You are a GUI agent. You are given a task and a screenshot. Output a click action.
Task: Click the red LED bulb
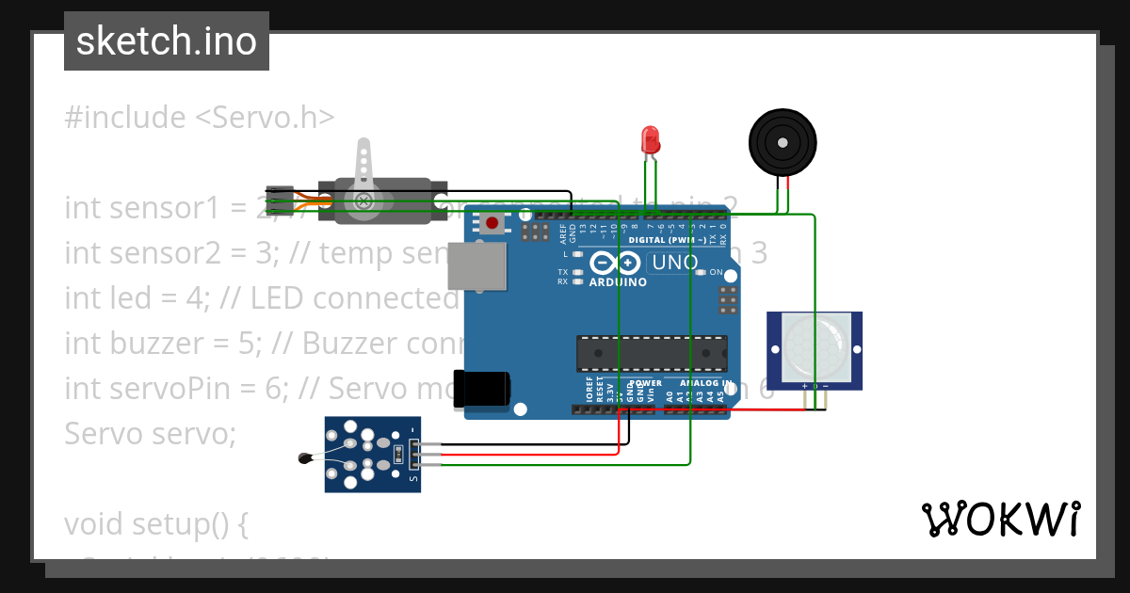point(650,140)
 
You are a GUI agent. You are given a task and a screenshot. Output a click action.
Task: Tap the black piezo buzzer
point(781,142)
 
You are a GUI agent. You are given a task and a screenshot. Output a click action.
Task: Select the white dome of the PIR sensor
point(814,347)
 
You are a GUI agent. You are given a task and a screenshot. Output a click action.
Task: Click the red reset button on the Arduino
point(492,223)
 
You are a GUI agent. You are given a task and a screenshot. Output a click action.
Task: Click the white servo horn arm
point(363,169)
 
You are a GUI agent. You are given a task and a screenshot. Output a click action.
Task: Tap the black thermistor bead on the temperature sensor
point(304,458)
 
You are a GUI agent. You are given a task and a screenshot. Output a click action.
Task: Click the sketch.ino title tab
point(167,41)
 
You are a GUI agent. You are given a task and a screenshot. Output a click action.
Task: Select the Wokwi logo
point(1000,519)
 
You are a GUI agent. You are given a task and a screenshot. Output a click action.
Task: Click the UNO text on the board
point(674,263)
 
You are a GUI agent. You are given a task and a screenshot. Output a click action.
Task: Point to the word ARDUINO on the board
point(617,281)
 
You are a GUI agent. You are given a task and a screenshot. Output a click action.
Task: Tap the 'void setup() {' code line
point(156,523)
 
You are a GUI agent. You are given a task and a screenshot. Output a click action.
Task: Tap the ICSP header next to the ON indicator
point(728,299)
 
